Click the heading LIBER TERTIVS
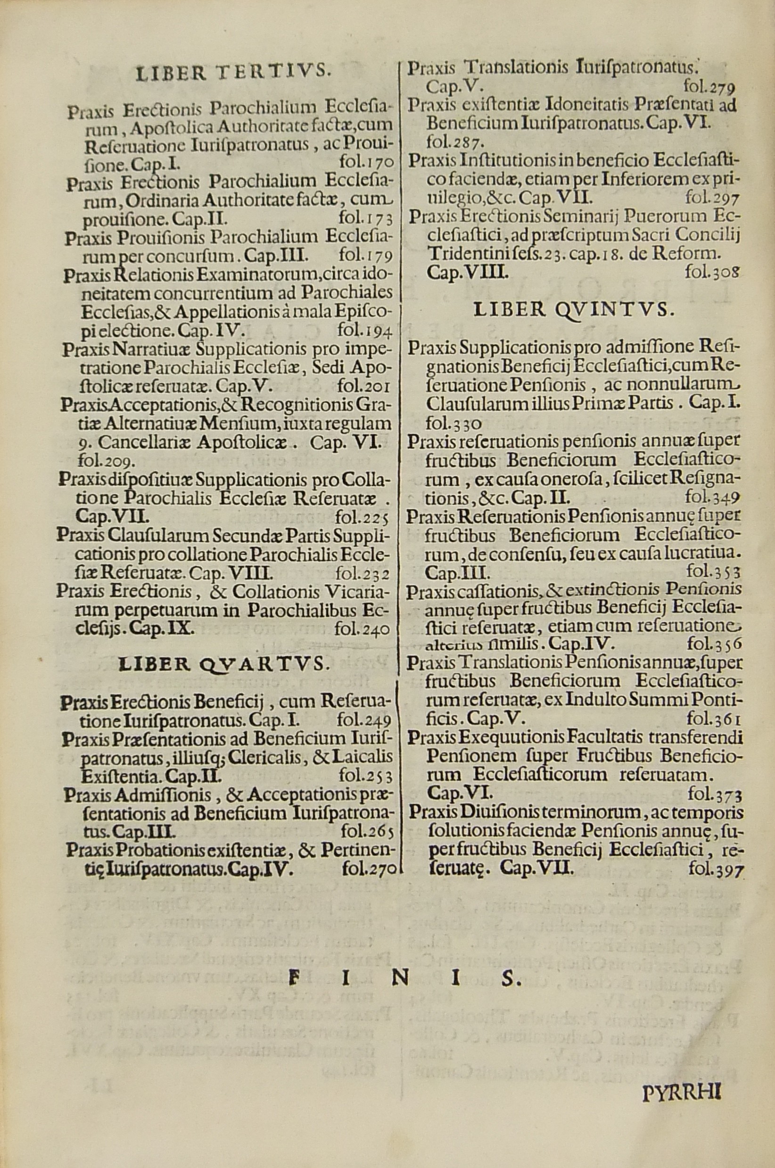point(232,73)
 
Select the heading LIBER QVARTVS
point(223,663)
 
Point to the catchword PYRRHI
point(683,1062)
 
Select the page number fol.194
point(365,330)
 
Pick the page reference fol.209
point(104,462)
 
